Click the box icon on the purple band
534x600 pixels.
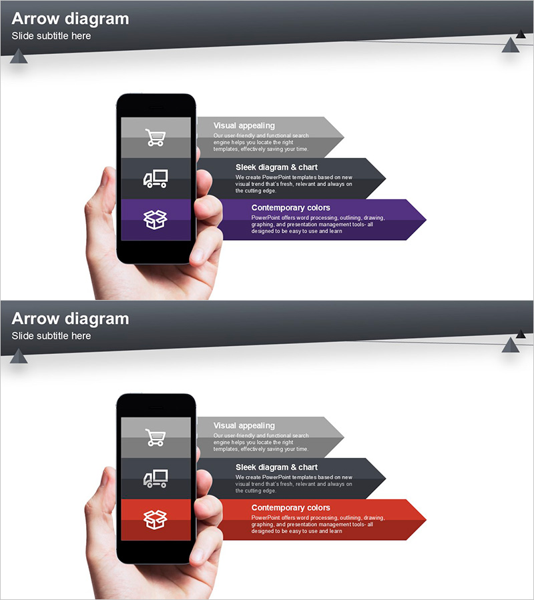pyautogui.click(x=155, y=219)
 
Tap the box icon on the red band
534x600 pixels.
pyautogui.click(x=155, y=519)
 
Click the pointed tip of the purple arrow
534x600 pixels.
pyautogui.click(x=426, y=219)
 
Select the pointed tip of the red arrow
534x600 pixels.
pyautogui.click(x=426, y=519)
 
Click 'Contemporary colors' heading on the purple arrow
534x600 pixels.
pyautogui.click(x=291, y=208)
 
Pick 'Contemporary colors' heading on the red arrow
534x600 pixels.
pyautogui.click(x=291, y=508)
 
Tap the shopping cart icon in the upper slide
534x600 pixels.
pyautogui.click(x=155, y=137)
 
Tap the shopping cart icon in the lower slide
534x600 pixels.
pyautogui.click(x=155, y=437)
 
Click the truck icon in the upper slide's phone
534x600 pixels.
pyautogui.click(x=156, y=179)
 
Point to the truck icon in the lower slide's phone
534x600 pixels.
pyautogui.click(x=156, y=479)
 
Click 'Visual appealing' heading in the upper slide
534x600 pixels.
pyautogui.click(x=244, y=125)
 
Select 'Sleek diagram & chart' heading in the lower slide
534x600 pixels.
pyautogui.click(x=276, y=467)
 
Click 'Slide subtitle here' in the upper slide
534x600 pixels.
pyautogui.click(x=51, y=36)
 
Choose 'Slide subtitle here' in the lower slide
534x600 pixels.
pyautogui.click(x=51, y=336)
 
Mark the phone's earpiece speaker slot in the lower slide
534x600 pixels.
pyautogui.click(x=156, y=407)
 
